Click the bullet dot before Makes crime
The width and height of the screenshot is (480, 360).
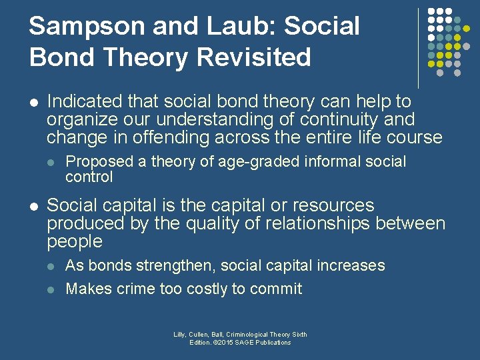[x=52, y=289]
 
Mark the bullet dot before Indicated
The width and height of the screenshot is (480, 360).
[x=34, y=103]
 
